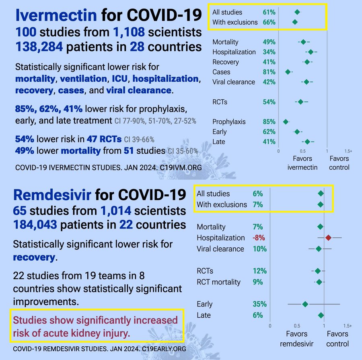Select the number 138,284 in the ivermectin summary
click(x=39, y=47)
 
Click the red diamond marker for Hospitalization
click(x=328, y=238)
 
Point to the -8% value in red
click(x=259, y=238)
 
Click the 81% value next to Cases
click(x=269, y=72)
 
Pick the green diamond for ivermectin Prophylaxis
click(x=286, y=122)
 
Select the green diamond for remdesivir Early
click(x=305, y=304)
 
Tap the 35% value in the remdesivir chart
click(x=259, y=304)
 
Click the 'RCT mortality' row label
click(x=218, y=282)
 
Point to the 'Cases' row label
click(x=221, y=72)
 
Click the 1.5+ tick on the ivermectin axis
click(x=348, y=151)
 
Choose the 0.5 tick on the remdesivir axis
click(x=297, y=325)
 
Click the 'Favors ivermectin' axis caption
click(x=302, y=163)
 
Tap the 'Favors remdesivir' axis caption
click(x=296, y=339)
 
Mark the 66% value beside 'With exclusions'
click(x=269, y=22)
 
